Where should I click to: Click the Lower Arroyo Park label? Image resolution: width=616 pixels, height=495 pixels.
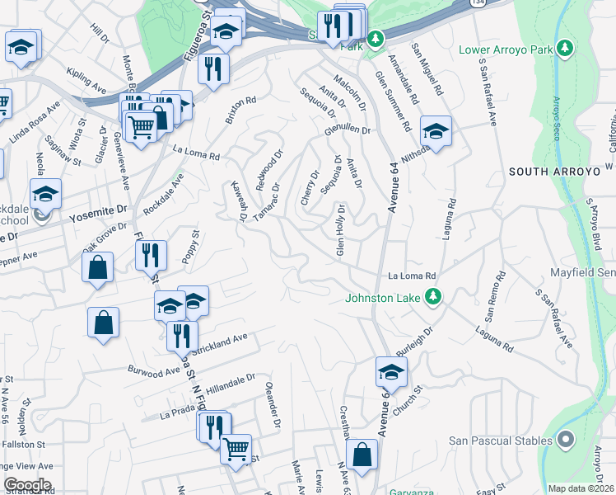[x=506, y=50]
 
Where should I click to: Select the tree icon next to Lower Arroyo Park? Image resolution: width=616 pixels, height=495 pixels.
[x=564, y=49]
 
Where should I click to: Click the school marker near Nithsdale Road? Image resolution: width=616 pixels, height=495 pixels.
[x=436, y=130]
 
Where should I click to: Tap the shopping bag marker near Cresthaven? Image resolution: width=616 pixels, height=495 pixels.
[x=362, y=452]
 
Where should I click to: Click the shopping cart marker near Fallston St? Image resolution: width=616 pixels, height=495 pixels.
[x=236, y=448]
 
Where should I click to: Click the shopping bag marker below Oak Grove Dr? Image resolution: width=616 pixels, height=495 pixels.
[x=98, y=266]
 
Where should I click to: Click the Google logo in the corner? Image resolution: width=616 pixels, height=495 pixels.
[x=26, y=485]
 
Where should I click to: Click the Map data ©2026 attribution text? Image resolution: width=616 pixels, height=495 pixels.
[x=581, y=488]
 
